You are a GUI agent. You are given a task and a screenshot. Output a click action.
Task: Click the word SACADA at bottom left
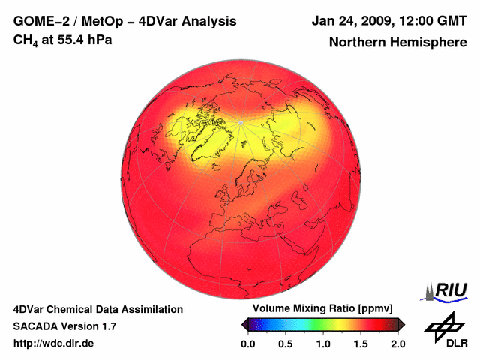point(36,326)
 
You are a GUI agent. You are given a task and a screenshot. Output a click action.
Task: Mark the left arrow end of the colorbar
point(244,324)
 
